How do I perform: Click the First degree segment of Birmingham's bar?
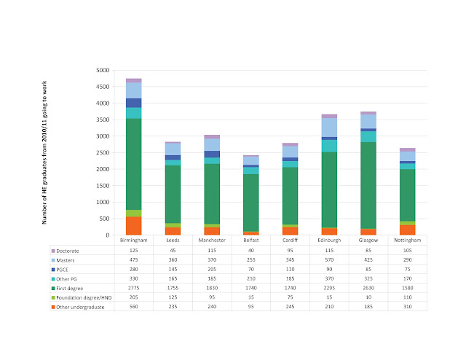(134, 164)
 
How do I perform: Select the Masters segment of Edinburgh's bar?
(329, 128)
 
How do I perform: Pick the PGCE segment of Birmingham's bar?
(134, 103)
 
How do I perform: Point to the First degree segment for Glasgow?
(368, 185)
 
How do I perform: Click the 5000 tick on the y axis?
(103, 71)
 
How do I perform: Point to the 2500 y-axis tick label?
(103, 153)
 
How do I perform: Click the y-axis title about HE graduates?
(45, 153)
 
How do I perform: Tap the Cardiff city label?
(290, 240)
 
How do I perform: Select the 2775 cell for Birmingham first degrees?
(134, 286)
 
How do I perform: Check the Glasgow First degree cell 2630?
(368, 286)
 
